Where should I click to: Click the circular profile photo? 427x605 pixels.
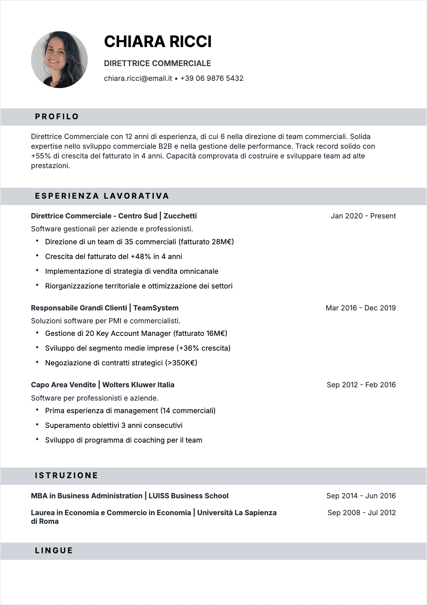[59, 60]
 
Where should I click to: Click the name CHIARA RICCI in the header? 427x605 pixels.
[158, 42]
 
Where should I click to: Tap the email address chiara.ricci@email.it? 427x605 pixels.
[138, 78]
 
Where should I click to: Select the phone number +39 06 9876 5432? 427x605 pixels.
[212, 78]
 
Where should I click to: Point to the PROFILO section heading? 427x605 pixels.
[57, 117]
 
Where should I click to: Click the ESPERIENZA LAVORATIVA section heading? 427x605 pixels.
[102, 196]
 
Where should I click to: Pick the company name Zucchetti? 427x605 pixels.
[180, 216]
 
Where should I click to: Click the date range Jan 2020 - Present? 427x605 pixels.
[363, 216]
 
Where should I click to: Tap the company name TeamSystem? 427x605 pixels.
[156, 308]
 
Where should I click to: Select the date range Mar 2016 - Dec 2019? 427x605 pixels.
[361, 308]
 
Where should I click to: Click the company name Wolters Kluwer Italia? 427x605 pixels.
[138, 385]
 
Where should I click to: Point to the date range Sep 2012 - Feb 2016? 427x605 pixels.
[361, 385]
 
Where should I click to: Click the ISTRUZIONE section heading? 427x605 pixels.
[66, 476]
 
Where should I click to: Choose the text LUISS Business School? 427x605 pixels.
[188, 496]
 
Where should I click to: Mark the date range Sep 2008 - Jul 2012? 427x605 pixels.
[361, 513]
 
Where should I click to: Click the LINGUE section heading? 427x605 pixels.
[54, 551]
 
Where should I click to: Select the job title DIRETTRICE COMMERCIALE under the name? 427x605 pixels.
[157, 64]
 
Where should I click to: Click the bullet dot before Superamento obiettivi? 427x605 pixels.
[37, 425]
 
